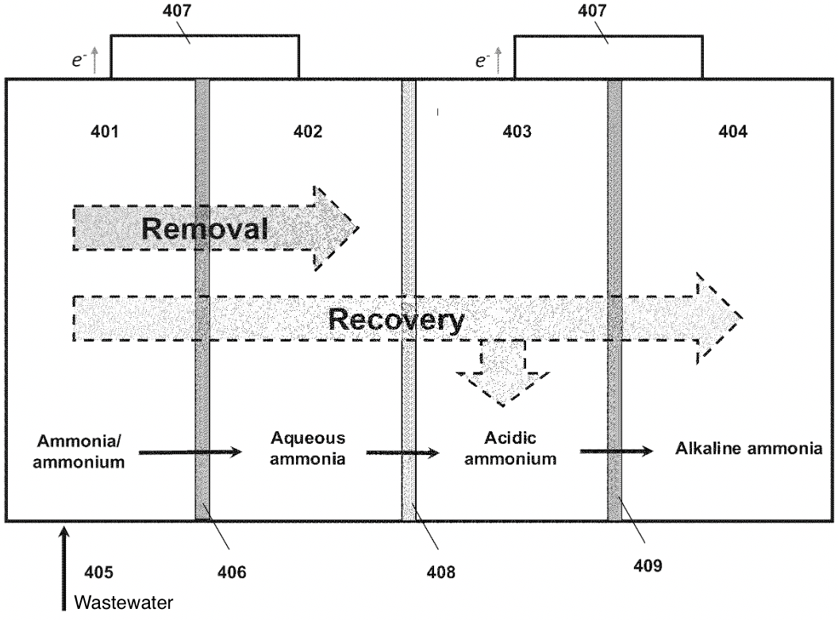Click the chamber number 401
point(105,132)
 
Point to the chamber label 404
point(732,132)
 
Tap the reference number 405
point(99,571)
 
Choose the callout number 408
point(441,571)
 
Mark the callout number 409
point(647,566)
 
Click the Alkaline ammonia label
point(748,449)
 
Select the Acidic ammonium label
point(518,448)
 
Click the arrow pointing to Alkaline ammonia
point(616,451)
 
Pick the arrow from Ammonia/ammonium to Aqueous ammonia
point(190,453)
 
